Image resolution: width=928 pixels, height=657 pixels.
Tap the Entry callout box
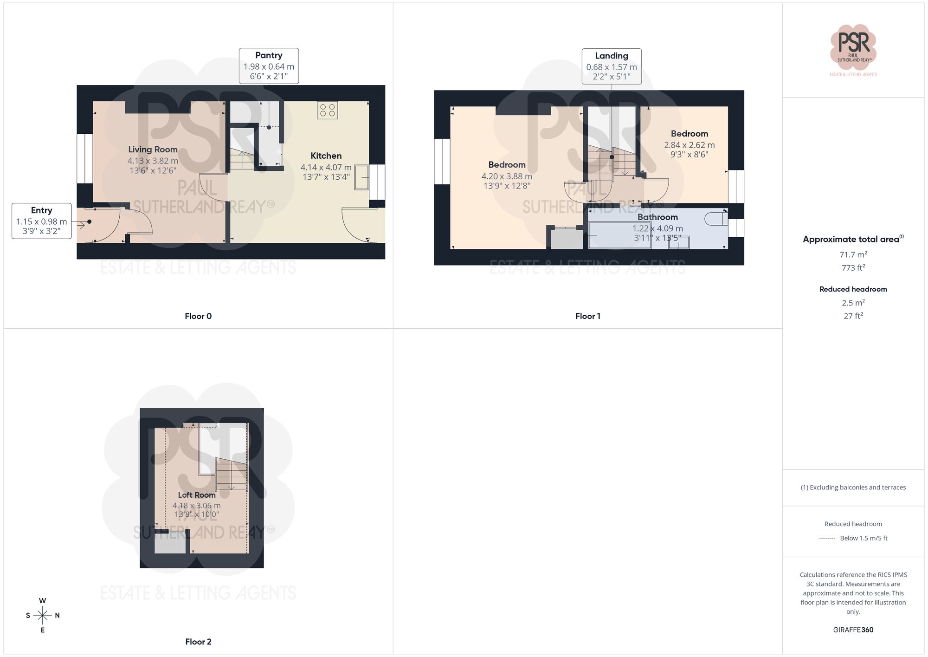pyautogui.click(x=41, y=221)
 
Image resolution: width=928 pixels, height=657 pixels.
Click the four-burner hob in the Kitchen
pyautogui.click(x=327, y=110)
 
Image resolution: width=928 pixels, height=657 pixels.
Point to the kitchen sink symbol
pyautogui.click(x=361, y=177)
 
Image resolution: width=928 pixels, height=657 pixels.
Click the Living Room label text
pyautogui.click(x=153, y=150)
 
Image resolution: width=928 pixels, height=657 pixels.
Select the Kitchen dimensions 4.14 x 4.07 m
pyautogui.click(x=326, y=167)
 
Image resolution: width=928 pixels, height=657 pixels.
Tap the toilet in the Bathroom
pyautogui.click(x=716, y=218)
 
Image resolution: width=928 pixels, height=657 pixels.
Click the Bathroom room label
pyautogui.click(x=657, y=217)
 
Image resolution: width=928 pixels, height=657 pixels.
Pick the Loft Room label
pyautogui.click(x=197, y=495)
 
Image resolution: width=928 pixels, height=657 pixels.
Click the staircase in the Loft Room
pyautogui.click(x=231, y=474)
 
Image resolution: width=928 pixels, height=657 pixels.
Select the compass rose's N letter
pyautogui.click(x=58, y=616)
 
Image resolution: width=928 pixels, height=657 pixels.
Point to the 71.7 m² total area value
pyautogui.click(x=853, y=254)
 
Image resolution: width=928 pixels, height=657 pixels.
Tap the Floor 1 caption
pyautogui.click(x=587, y=316)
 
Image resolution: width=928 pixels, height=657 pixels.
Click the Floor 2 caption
pyautogui.click(x=198, y=642)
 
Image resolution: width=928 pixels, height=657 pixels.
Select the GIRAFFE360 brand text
pyautogui.click(x=853, y=630)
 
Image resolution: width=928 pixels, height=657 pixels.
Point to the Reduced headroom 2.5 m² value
pyautogui.click(x=853, y=303)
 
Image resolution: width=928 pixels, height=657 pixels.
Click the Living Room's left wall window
pyautogui.click(x=85, y=159)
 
